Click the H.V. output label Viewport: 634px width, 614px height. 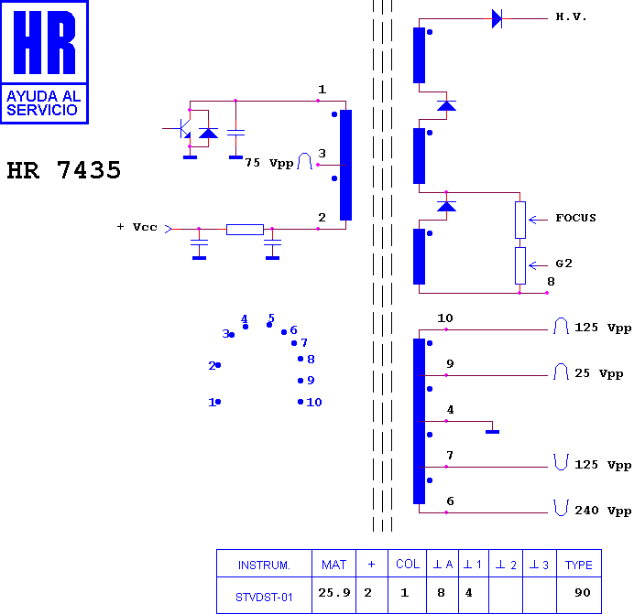click(x=571, y=17)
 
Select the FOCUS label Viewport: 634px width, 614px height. click(x=575, y=218)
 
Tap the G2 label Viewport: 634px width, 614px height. click(x=564, y=264)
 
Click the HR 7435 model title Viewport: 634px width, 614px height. click(x=64, y=170)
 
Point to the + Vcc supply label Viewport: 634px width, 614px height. click(x=137, y=227)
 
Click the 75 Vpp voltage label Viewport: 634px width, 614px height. click(x=268, y=163)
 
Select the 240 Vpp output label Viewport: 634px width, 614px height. click(x=603, y=511)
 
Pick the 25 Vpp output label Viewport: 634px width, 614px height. click(x=599, y=373)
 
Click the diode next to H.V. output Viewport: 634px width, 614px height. click(x=497, y=18)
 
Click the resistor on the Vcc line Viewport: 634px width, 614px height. click(x=245, y=230)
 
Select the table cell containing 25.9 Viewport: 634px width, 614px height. click(x=334, y=593)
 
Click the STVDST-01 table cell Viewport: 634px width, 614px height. click(x=264, y=597)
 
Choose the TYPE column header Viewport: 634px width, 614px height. click(x=579, y=565)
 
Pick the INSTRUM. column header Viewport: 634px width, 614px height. click(x=264, y=565)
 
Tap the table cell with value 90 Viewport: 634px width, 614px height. click(x=583, y=593)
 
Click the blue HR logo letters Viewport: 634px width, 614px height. click(x=45, y=42)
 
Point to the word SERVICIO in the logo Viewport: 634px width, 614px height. click(x=42, y=110)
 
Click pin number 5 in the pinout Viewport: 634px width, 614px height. click(x=271, y=318)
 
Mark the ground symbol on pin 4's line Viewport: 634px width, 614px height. click(x=493, y=432)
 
